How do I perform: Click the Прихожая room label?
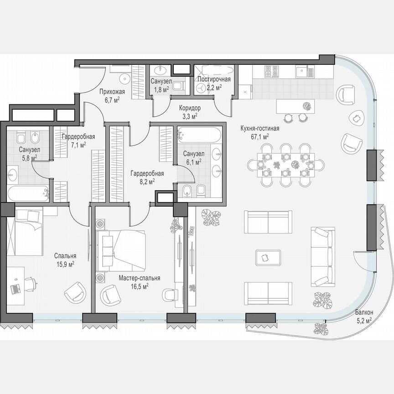[109, 91]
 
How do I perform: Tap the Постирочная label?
[213, 79]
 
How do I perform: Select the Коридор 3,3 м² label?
[190, 109]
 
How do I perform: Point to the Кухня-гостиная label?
[260, 128]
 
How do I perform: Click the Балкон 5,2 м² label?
[364, 312]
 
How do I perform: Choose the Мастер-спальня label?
[140, 278]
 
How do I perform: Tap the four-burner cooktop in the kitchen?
[272, 71]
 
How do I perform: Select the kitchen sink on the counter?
[304, 71]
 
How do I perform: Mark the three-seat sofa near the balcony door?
[322, 255]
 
